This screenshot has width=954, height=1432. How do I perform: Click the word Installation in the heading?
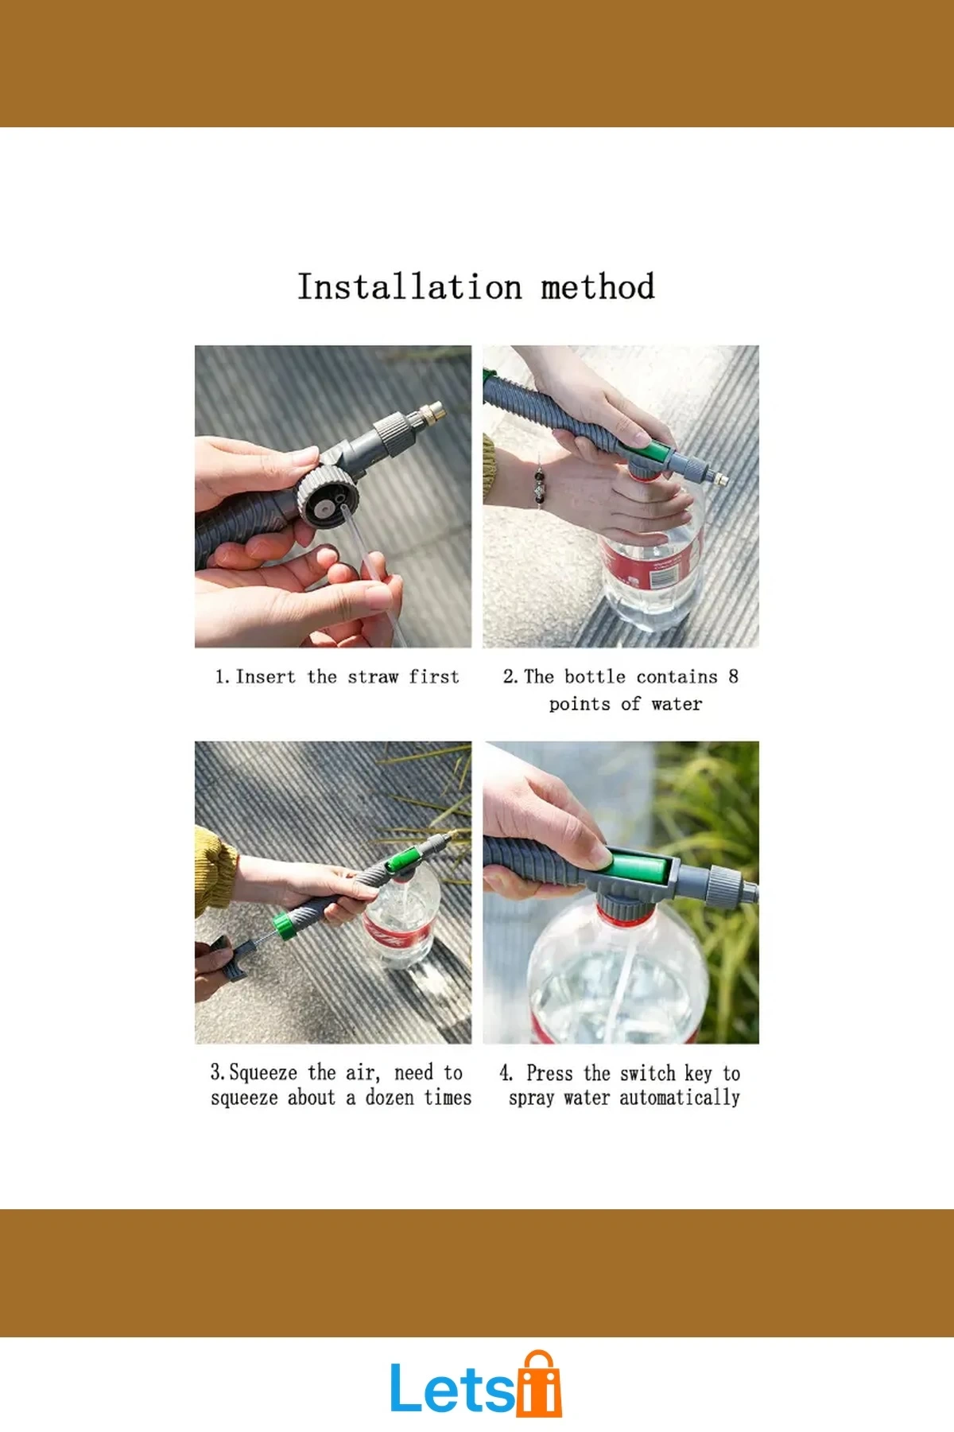(x=409, y=286)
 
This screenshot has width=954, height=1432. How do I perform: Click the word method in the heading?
(x=598, y=286)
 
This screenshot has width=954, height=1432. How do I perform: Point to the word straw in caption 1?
(x=373, y=677)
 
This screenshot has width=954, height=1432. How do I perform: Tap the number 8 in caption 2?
(x=733, y=676)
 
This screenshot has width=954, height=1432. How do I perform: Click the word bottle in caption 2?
(x=595, y=677)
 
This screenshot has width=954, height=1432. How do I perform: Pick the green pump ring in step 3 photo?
(x=281, y=924)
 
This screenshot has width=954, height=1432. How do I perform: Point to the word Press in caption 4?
(x=549, y=1073)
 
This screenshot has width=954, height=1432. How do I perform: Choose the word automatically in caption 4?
(x=680, y=1099)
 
